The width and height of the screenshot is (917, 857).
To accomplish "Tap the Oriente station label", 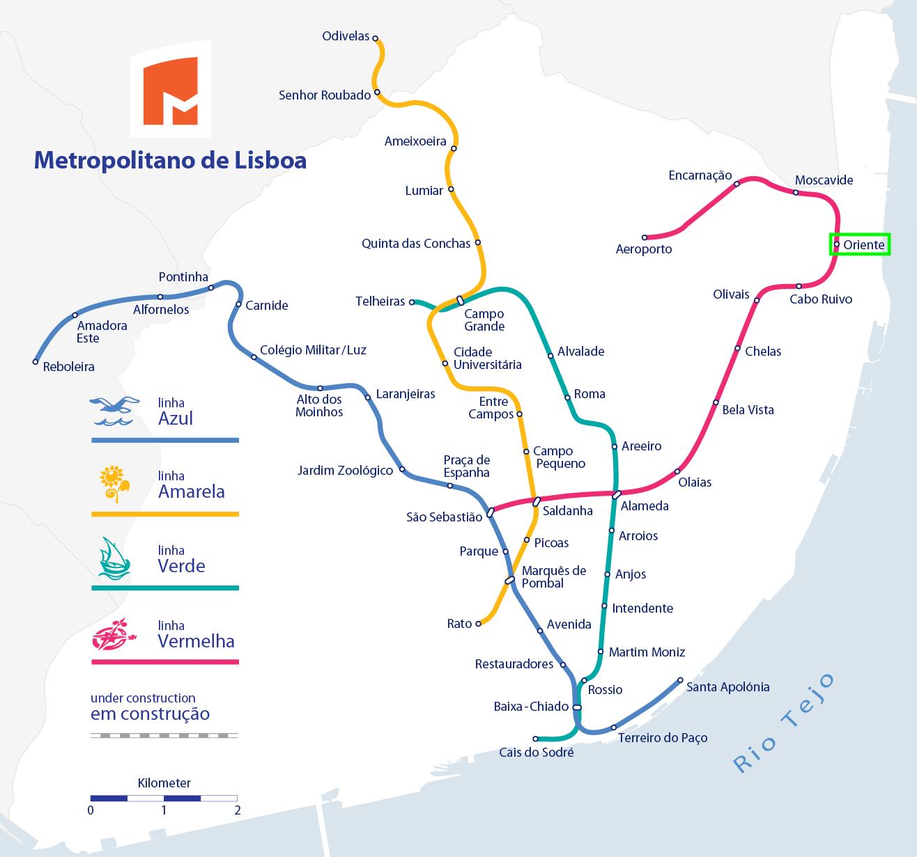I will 863,245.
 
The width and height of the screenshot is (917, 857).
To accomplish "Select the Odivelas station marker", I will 375,38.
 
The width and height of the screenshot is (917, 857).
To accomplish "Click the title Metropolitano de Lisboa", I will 170,160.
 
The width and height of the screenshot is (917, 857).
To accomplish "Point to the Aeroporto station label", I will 644,249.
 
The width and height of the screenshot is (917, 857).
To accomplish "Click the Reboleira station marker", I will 36,362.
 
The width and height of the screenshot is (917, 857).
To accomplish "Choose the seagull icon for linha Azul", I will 111,411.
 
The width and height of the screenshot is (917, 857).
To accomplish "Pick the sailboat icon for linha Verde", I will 114,558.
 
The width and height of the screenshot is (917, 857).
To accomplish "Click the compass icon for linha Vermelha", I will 111,634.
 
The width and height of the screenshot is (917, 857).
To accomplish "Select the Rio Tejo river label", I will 784,723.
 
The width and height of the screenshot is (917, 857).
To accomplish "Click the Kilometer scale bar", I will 164,798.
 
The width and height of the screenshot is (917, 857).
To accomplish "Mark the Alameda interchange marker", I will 617,495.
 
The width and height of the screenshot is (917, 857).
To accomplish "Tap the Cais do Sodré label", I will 537,753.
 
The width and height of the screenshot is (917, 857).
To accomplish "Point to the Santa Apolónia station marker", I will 681,680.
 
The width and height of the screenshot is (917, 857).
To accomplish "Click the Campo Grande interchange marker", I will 460,301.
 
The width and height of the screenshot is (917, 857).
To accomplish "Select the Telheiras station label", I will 380,301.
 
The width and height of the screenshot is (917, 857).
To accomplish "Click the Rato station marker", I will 478,624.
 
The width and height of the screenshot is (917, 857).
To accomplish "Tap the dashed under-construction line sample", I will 164,735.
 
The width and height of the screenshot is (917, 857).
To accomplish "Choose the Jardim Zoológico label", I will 345,471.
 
